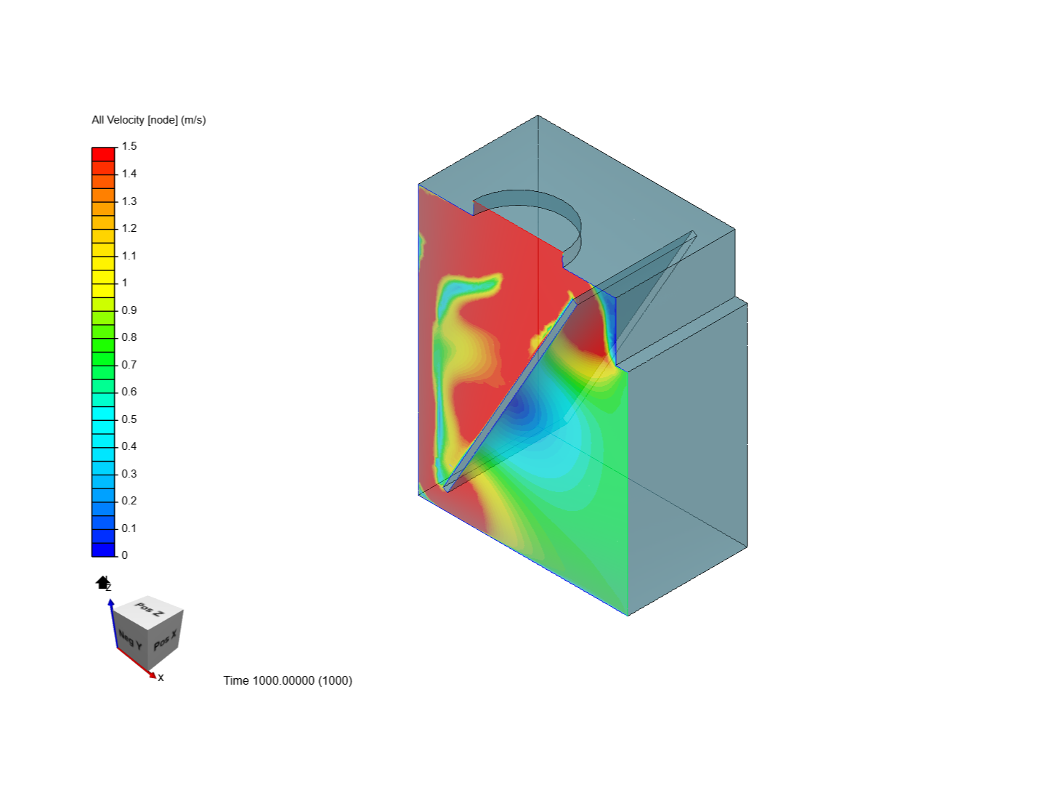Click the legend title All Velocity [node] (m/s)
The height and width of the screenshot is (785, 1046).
(x=149, y=120)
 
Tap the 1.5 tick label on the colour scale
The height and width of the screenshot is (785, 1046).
(x=129, y=146)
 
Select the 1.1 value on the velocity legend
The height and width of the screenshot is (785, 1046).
(x=129, y=255)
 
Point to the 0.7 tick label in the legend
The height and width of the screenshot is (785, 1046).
(x=129, y=364)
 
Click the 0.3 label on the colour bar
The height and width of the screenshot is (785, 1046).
(x=129, y=473)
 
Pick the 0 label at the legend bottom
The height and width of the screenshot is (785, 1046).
(x=125, y=555)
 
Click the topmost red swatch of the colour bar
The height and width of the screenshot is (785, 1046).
(x=103, y=154)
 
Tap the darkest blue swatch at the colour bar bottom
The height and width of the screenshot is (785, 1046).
(x=103, y=549)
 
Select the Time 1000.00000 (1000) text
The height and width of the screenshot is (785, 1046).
(x=288, y=680)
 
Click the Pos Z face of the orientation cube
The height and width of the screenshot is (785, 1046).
(x=150, y=609)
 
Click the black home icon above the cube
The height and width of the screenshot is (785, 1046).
(x=102, y=582)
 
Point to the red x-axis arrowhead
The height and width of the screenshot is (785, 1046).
(x=153, y=675)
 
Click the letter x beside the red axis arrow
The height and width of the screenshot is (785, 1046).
(x=161, y=677)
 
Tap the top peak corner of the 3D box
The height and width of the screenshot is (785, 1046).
(x=538, y=116)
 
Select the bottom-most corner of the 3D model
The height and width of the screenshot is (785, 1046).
(x=628, y=615)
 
